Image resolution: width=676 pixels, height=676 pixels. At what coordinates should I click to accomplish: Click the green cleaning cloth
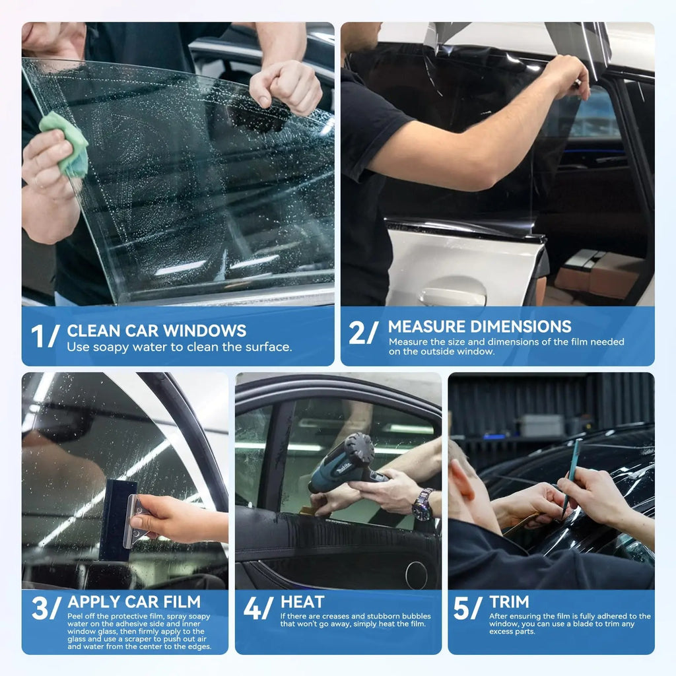coord(65,144)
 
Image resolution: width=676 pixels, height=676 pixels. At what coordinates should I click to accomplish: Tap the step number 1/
coord(46,336)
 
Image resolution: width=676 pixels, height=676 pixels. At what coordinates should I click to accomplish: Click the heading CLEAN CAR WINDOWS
coord(156,330)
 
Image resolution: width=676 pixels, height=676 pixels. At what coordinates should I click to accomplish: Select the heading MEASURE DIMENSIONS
coord(479,326)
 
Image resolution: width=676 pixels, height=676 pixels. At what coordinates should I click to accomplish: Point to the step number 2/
coord(364,332)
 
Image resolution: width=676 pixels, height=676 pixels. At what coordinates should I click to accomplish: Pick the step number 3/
coord(46,608)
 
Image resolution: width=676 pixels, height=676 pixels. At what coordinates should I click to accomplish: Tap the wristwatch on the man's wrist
coord(422,505)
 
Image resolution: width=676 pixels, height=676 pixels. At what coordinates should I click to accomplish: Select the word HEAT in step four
coord(302,602)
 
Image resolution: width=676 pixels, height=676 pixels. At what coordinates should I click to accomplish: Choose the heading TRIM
coord(509,601)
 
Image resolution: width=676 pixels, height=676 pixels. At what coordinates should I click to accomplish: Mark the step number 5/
coord(468,608)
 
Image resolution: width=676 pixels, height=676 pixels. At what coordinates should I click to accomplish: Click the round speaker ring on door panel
coord(417,575)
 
